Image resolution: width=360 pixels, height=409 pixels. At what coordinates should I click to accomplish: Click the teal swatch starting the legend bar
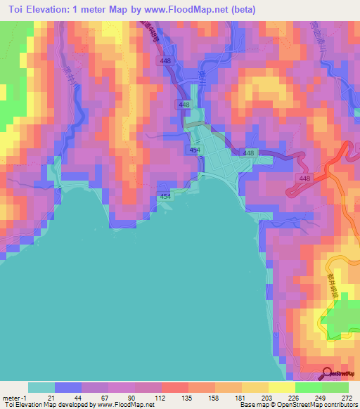(x=41, y=387)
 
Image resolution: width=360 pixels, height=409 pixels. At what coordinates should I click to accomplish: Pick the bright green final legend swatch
(x=335, y=387)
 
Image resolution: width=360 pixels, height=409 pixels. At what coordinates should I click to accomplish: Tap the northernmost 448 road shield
(x=166, y=61)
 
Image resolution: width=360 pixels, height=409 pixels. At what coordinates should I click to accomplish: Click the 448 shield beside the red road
(x=304, y=179)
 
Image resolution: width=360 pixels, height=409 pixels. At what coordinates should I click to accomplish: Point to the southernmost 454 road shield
(x=165, y=197)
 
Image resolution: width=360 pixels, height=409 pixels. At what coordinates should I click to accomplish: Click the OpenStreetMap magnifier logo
(x=327, y=373)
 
